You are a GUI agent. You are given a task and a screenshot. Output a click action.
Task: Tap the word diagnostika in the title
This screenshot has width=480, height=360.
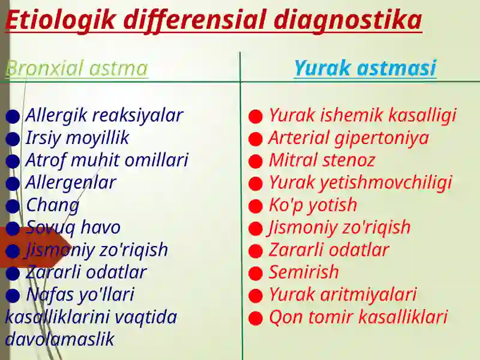tap(348, 20)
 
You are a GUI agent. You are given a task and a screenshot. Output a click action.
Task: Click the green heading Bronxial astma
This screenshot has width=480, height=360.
tap(76, 68)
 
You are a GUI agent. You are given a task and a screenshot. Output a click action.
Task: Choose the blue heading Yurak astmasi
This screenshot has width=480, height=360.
tap(365, 68)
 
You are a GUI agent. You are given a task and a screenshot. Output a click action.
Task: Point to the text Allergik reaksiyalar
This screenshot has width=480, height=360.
tap(104, 115)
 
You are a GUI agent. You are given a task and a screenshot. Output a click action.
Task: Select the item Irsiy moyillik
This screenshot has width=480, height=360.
tap(77, 138)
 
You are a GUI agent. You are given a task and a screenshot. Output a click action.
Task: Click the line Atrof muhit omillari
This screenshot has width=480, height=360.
tap(106, 160)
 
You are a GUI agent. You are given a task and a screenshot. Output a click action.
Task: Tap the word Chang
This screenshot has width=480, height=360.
tap(52, 205)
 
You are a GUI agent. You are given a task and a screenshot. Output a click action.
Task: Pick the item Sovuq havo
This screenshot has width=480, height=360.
tap(73, 227)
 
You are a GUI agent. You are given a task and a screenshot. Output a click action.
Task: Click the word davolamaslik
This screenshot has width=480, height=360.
tap(59, 339)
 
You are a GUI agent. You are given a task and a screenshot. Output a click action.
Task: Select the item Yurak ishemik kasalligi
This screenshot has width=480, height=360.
tap(362, 115)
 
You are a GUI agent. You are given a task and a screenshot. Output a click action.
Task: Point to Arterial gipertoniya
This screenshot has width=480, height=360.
tap(348, 138)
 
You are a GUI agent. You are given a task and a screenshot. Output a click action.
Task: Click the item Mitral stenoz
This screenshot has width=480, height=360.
tap(321, 160)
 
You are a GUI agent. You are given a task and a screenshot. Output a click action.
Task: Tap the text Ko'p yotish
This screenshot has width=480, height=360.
tap(312, 205)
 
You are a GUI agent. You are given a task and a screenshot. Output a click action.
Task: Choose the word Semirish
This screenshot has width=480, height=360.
tap(303, 272)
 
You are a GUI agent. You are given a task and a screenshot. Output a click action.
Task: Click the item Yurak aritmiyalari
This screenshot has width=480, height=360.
tap(342, 295)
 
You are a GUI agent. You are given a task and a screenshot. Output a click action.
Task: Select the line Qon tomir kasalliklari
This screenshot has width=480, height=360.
tap(358, 317)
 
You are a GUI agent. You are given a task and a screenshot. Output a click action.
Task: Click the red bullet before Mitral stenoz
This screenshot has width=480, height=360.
tap(256, 161)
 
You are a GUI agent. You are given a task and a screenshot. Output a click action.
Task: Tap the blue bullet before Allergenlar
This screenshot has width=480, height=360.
tap(13, 184)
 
